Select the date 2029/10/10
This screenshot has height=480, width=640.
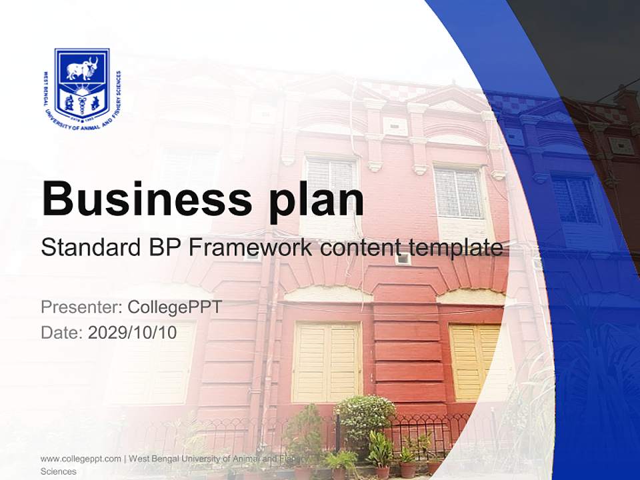coord(132,332)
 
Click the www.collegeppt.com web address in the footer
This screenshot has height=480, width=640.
coord(81,459)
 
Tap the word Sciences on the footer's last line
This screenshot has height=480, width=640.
coord(59,471)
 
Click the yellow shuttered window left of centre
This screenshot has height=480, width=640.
coord(327,361)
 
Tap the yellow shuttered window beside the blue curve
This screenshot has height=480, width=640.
coord(475,361)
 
